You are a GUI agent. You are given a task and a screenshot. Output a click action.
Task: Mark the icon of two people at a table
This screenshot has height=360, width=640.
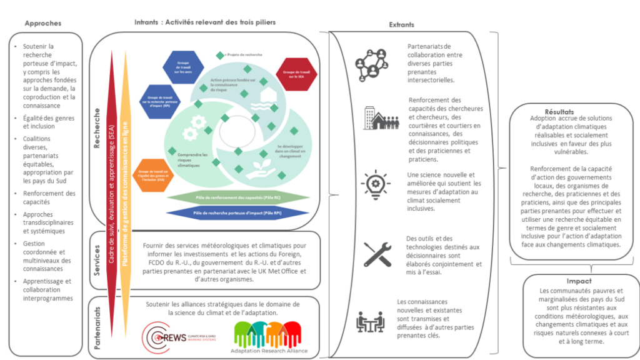pos(370,321)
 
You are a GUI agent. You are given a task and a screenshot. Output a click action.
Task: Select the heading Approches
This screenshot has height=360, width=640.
pos(42,23)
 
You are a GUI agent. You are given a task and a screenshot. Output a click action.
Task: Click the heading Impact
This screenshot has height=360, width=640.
pos(579,281)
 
